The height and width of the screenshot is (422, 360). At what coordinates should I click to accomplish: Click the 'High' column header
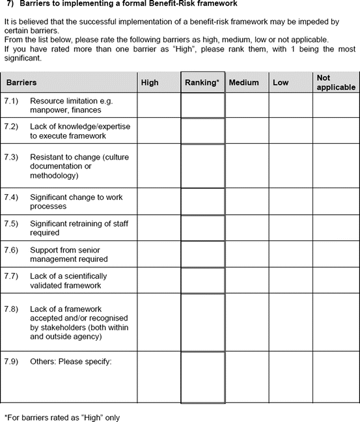150,83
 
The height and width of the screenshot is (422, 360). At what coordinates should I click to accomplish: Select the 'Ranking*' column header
202,83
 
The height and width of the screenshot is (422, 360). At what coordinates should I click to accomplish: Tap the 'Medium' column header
244,83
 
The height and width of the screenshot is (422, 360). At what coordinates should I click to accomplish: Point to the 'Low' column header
281,83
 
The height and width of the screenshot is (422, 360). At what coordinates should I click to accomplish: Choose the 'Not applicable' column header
335,82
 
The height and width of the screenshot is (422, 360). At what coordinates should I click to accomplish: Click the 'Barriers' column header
21,83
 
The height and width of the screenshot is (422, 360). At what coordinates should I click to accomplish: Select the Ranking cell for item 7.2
202,131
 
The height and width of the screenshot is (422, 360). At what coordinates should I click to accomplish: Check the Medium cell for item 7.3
247,166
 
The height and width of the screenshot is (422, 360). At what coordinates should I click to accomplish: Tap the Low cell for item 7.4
290,201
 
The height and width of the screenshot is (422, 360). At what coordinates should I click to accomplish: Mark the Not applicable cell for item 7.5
335,228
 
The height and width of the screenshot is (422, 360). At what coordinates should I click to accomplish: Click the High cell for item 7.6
158,254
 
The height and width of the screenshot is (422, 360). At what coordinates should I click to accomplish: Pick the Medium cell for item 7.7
247,280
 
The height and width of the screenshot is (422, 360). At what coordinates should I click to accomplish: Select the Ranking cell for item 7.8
202,322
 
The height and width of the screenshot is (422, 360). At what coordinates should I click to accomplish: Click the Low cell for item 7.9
290,378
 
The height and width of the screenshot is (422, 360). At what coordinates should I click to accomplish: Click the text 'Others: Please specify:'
71,361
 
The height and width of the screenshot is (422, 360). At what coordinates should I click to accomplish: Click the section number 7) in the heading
10,3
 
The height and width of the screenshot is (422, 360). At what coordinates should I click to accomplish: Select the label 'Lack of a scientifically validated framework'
68,280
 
